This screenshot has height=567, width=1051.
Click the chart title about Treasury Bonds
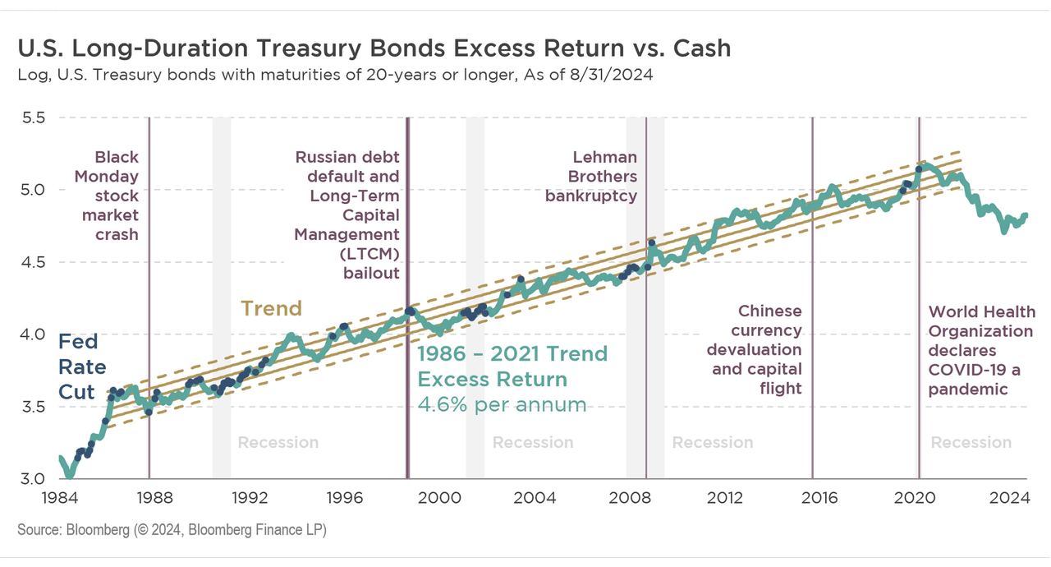374,48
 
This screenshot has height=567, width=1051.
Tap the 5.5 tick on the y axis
35,118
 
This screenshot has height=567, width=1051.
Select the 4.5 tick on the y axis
35,262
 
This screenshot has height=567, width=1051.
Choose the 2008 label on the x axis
630,497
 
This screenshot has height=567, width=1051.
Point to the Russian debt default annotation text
347,215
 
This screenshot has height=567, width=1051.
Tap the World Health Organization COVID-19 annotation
981,350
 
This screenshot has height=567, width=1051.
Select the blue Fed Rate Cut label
81,366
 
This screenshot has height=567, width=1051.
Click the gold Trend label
271,309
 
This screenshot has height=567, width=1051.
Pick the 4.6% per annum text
502,404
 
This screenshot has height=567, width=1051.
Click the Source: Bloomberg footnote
172,530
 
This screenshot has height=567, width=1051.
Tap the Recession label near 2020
971,443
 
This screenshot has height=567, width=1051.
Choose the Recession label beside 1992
278,443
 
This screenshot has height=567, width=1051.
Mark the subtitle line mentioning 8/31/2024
334,76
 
